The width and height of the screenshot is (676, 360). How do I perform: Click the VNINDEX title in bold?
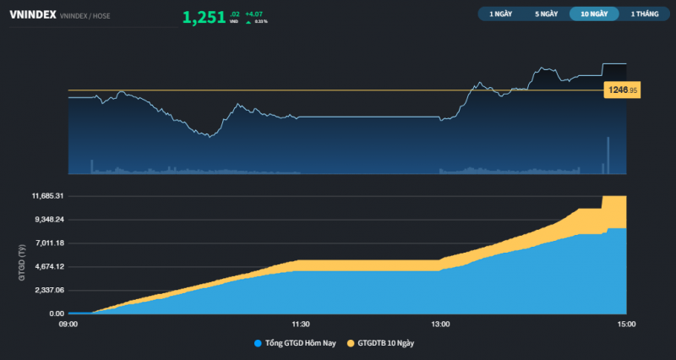click(33, 14)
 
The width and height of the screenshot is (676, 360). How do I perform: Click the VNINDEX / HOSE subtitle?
click(89, 16)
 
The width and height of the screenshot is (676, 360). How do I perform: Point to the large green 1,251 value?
click(204, 16)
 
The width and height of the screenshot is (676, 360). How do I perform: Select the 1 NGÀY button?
click(500, 14)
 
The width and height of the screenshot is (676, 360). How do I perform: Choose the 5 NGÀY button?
click(547, 14)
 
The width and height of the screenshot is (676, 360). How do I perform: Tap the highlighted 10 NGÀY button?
click(593, 14)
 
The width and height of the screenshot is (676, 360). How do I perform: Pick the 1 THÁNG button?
click(644, 14)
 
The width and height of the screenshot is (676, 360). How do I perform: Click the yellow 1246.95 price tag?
click(621, 90)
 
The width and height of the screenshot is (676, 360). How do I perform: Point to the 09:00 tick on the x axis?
click(68, 324)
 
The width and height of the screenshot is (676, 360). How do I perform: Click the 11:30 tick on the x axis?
click(300, 324)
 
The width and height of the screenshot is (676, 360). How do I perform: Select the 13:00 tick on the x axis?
click(440, 324)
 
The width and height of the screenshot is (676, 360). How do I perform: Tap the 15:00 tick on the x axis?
click(626, 324)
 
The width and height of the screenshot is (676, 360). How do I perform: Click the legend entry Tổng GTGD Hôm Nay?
click(297, 343)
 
